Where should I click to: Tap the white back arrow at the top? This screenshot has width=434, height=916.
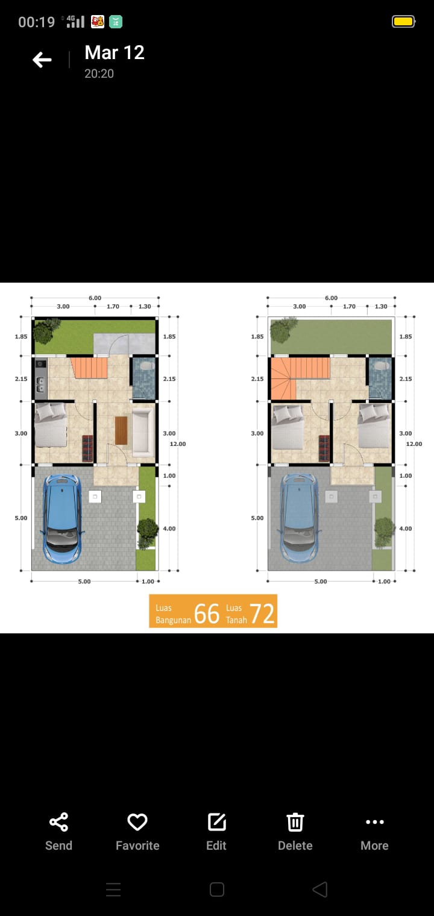pyautogui.click(x=42, y=60)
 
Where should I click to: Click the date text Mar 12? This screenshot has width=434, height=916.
pyautogui.click(x=115, y=52)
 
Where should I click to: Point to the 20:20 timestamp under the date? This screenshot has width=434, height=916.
pyautogui.click(x=99, y=74)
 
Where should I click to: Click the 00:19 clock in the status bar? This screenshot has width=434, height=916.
pyautogui.click(x=36, y=22)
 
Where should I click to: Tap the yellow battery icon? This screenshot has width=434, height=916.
pyautogui.click(x=404, y=21)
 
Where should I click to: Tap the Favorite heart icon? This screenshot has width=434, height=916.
pyautogui.click(x=137, y=822)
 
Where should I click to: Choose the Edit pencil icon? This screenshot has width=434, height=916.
pyautogui.click(x=217, y=822)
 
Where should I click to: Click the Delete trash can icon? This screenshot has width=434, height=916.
pyautogui.click(x=295, y=822)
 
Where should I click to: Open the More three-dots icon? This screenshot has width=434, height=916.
pyautogui.click(x=375, y=822)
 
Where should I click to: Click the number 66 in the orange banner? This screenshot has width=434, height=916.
pyautogui.click(x=207, y=614)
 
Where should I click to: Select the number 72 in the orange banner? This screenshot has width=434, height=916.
pyautogui.click(x=262, y=614)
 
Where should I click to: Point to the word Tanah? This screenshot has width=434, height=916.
pyautogui.click(x=236, y=620)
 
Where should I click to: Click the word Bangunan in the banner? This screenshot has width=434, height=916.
pyautogui.click(x=173, y=620)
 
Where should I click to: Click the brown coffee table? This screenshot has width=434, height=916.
pyautogui.click(x=121, y=430)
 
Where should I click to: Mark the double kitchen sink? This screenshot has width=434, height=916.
pyautogui.click(x=40, y=384)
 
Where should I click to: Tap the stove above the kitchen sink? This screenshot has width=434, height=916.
pyautogui.click(x=40, y=364)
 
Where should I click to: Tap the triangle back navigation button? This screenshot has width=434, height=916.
pyautogui.click(x=320, y=889)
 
